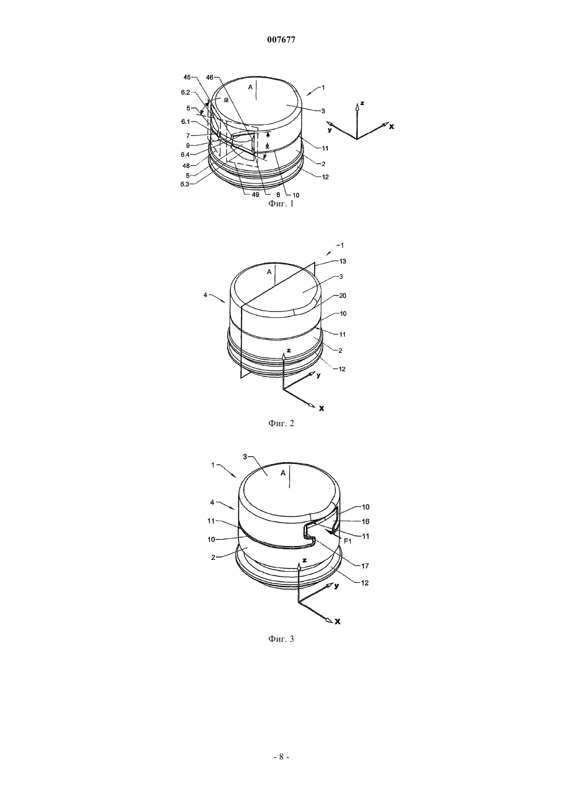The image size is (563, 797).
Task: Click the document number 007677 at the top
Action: click(281, 40)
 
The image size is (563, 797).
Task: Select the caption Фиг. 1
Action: click(281, 204)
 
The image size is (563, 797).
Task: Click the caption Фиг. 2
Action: click(281, 423)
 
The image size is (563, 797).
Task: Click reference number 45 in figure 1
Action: click(187, 77)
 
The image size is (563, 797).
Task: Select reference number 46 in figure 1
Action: click(210, 77)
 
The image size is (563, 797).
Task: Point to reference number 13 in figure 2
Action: click(342, 261)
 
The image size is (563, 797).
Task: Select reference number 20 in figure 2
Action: click(342, 296)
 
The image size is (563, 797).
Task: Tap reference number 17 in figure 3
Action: click(365, 565)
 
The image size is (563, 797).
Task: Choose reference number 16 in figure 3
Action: click(365, 521)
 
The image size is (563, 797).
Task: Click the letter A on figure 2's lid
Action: click(269, 272)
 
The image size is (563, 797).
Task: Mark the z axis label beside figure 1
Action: click(362, 103)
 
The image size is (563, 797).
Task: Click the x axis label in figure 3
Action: click(338, 622)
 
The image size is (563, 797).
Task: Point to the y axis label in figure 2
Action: click(318, 375)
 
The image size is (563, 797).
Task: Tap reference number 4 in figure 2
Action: click(205, 295)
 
